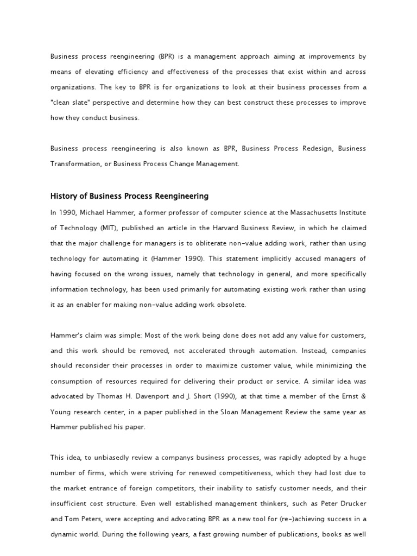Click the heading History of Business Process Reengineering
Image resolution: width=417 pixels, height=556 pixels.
(x=129, y=196)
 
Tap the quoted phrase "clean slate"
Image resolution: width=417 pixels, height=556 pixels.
(x=72, y=103)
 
